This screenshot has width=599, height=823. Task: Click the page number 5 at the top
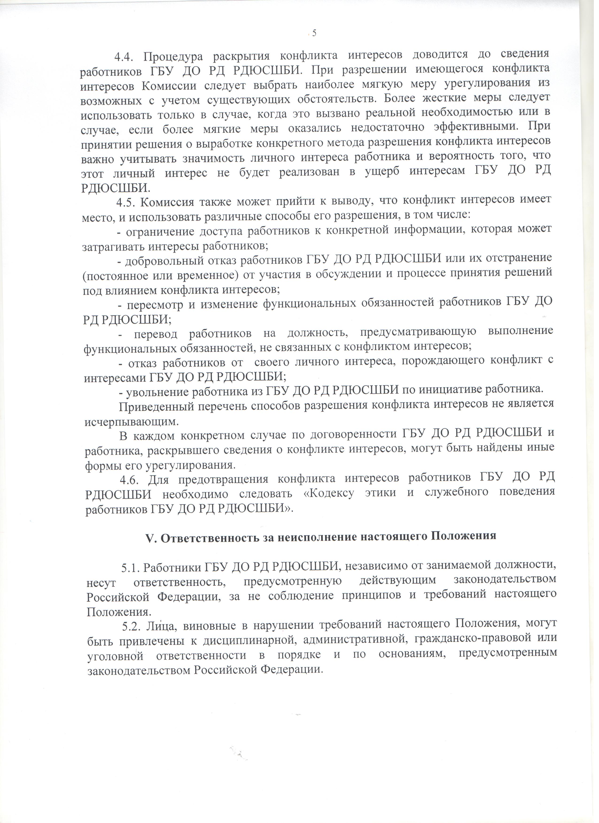314,33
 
